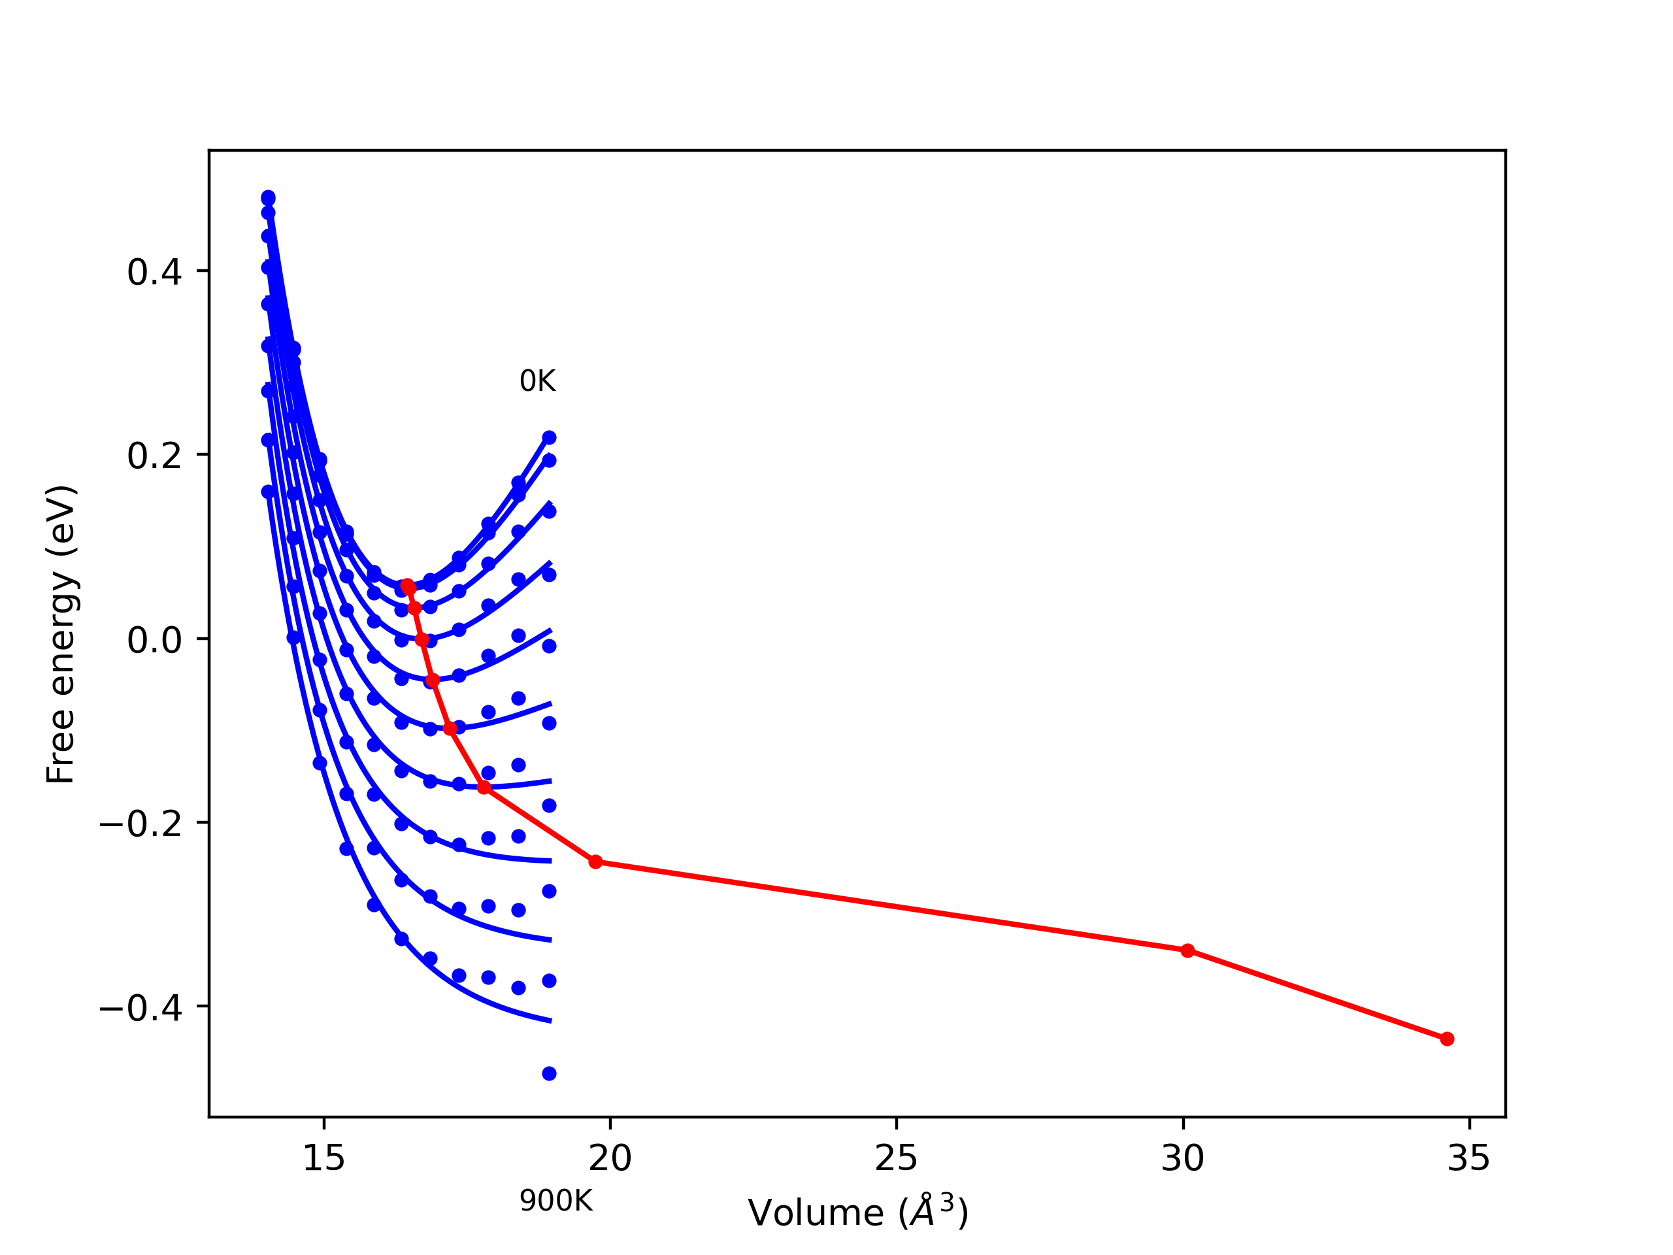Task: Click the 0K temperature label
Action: click(537, 381)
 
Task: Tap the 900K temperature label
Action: click(556, 1201)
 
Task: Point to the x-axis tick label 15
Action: click(323, 1158)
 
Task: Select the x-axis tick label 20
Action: click(610, 1158)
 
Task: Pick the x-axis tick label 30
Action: click(1182, 1158)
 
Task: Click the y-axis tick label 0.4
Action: click(154, 273)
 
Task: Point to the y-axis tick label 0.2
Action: click(154, 456)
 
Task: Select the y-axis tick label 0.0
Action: click(154, 640)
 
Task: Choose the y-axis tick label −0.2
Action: click(141, 824)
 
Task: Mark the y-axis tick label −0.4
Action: click(141, 1008)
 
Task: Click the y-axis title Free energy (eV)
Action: click(61, 634)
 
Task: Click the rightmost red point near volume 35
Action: click(1447, 1039)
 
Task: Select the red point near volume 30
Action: click(1187, 950)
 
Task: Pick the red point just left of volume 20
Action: click(595, 862)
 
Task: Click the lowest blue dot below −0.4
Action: click(549, 1073)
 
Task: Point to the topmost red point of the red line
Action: click(408, 586)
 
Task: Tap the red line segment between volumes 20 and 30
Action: click(893, 906)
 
